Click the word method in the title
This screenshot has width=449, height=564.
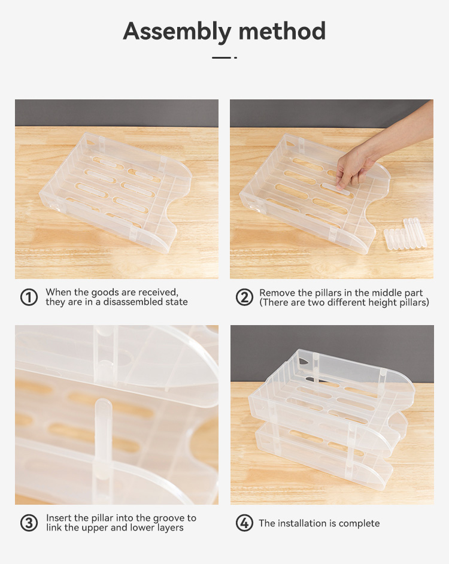coord(282,31)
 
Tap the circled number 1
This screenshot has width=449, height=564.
coord(29,298)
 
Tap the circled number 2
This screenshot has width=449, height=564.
coord(244,298)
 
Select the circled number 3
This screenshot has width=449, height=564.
coord(29,523)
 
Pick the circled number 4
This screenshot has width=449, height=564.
coord(244,523)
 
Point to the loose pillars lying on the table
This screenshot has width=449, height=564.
coord(405,234)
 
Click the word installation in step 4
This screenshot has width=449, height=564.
coord(304,523)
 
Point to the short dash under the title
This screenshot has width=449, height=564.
coord(221,57)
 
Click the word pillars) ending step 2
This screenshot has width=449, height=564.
coord(414,302)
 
